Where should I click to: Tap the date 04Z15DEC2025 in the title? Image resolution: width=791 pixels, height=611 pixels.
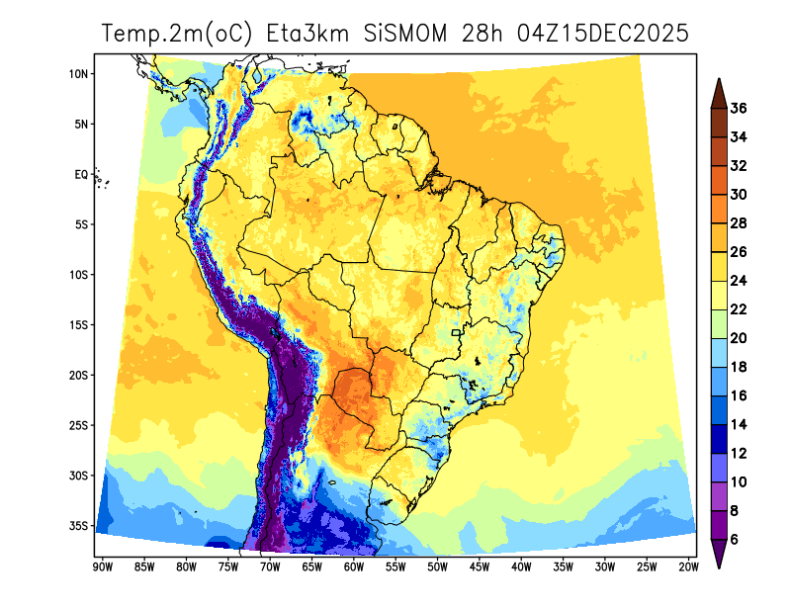585,34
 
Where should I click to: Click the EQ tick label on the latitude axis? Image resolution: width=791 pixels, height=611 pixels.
81,174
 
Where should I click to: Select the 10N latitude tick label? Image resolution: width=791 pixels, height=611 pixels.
80,73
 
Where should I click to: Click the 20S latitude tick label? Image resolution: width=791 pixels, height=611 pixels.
80,375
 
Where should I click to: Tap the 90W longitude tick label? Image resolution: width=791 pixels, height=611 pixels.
101,567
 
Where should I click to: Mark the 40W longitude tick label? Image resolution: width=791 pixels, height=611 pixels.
521,567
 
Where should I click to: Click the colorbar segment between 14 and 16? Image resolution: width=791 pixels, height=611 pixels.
720,409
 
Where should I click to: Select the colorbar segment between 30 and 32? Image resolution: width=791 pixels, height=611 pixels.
720,180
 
